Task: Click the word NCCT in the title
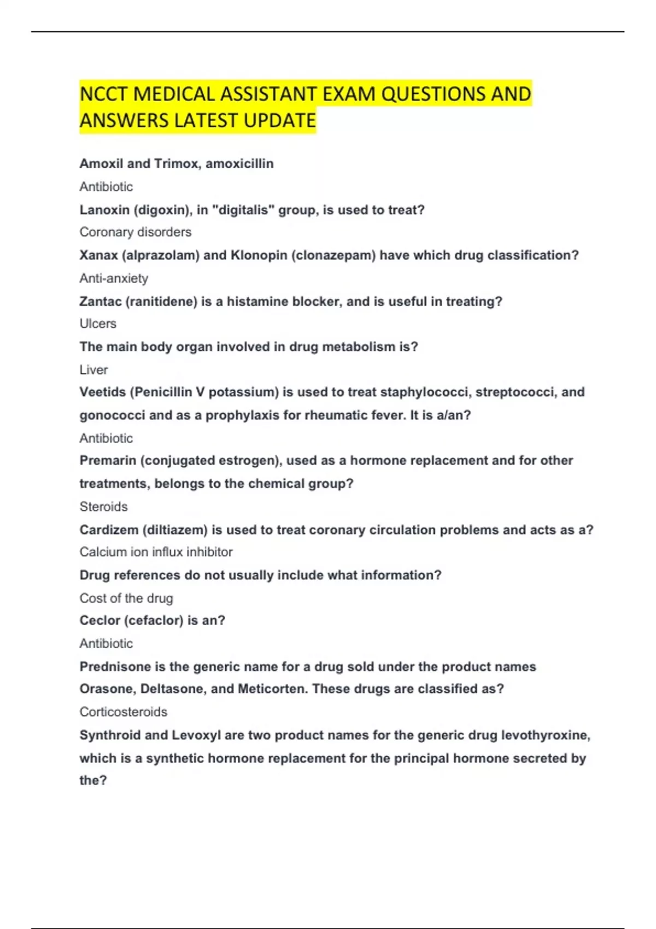click(x=104, y=94)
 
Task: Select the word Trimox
click(x=177, y=163)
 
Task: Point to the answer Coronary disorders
click(x=135, y=232)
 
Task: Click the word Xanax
click(x=97, y=255)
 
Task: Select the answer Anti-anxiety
click(x=114, y=278)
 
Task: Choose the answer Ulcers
click(x=98, y=324)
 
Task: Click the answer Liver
click(x=93, y=370)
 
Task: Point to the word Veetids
click(x=103, y=392)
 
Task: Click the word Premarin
click(x=107, y=460)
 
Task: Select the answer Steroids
click(x=103, y=507)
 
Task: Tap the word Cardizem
click(x=108, y=530)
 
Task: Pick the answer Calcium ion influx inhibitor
click(x=156, y=552)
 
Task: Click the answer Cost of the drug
click(x=126, y=598)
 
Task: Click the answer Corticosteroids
click(x=123, y=712)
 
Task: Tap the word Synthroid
click(x=110, y=735)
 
